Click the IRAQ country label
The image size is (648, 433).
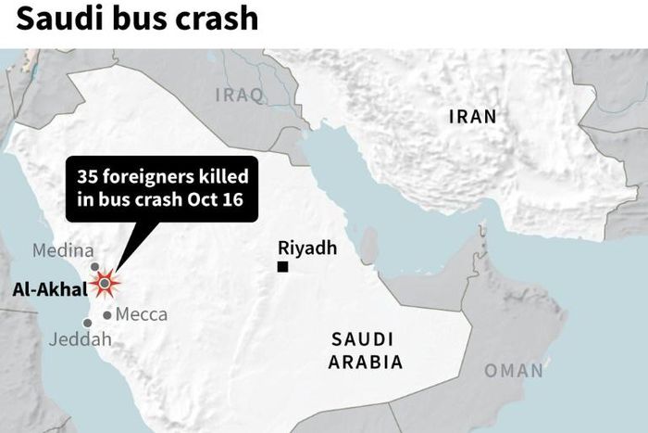[240, 95]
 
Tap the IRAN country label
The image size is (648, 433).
[472, 117]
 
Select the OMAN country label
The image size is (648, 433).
[514, 371]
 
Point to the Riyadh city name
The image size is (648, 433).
[306, 248]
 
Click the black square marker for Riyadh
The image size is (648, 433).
[283, 267]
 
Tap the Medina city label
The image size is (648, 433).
[63, 250]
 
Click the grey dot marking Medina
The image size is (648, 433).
[94, 266]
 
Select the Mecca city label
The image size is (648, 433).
[142, 314]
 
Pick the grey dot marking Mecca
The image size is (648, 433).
[107, 315]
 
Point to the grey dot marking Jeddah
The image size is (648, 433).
[88, 323]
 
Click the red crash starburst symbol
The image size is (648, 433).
[105, 283]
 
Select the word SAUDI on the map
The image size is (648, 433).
[362, 338]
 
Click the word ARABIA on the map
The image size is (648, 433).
[366, 362]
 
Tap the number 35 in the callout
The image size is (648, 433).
[88, 176]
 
